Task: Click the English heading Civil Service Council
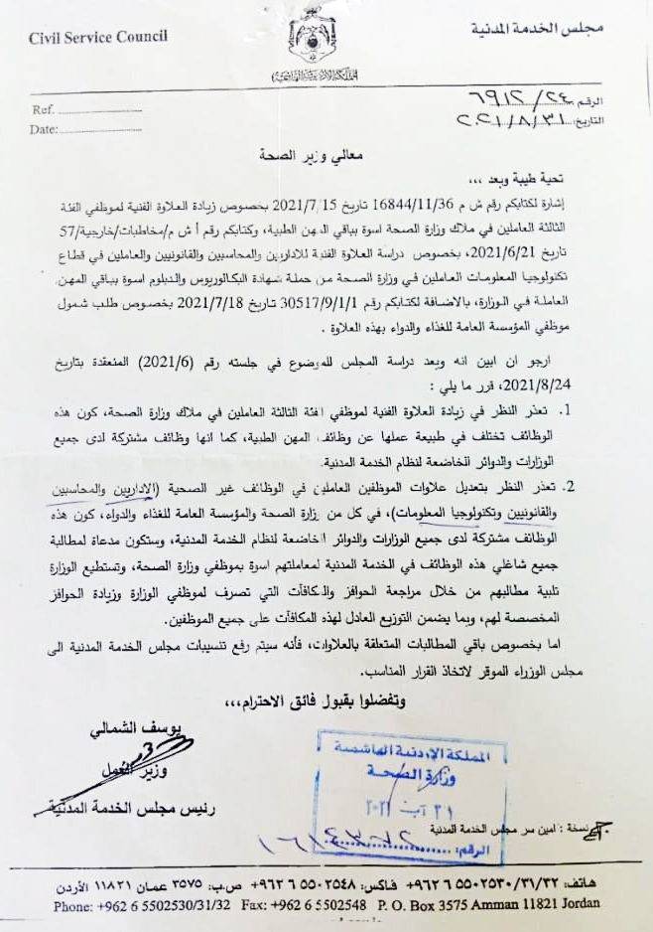[98, 37]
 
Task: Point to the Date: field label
[45, 129]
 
